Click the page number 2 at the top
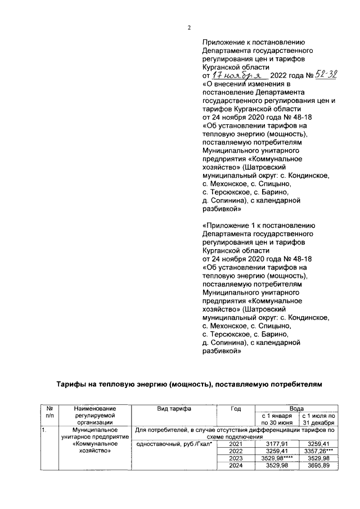[189, 28]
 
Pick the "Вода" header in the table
[296, 408]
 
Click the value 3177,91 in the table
[276, 443]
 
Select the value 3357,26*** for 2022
[318, 451]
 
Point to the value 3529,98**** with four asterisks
[274, 458]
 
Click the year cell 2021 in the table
[236, 443]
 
